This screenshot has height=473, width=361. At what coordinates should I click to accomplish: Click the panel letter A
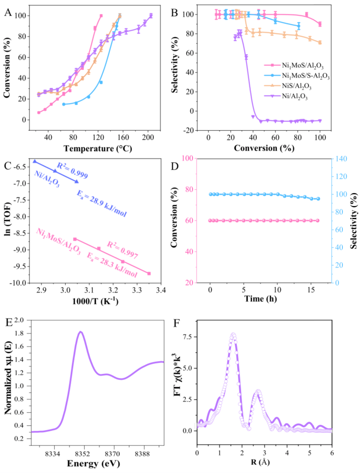click(7, 12)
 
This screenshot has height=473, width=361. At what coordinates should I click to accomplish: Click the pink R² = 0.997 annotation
click(122, 245)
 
